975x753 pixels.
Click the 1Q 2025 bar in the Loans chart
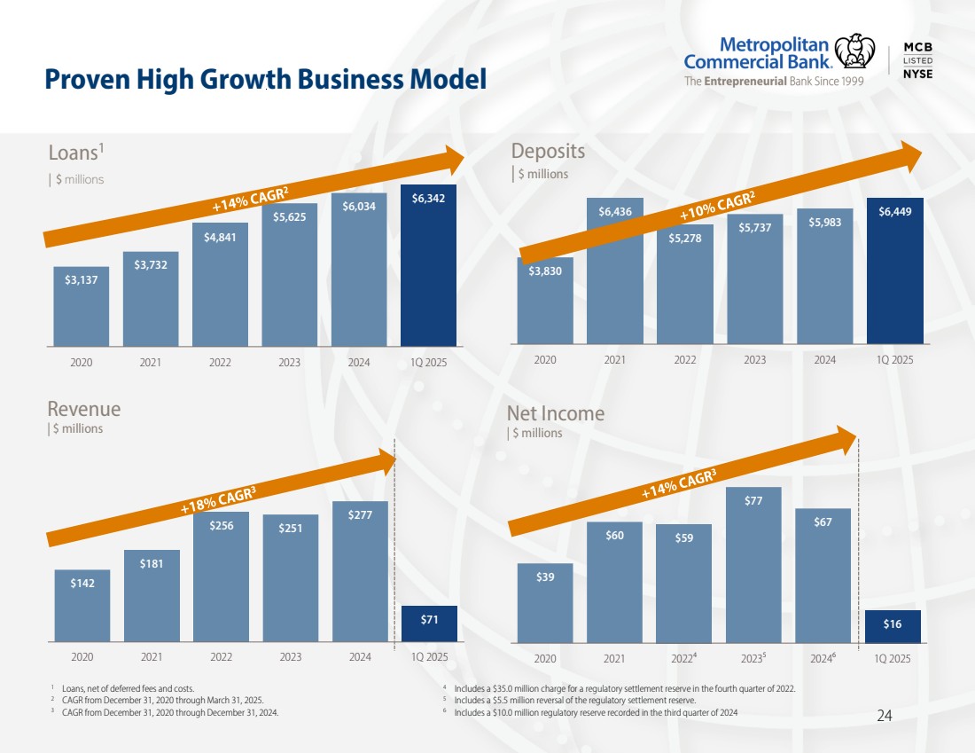click(428, 266)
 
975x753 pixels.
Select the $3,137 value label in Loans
click(82, 279)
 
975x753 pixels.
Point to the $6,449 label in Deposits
click(894, 212)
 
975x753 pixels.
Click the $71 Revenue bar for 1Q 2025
click(428, 623)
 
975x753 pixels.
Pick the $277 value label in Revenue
click(360, 515)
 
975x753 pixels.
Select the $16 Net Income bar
click(893, 626)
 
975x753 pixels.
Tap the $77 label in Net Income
click(753, 501)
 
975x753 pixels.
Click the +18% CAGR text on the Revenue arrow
click(218, 501)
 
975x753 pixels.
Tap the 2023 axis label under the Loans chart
click(290, 362)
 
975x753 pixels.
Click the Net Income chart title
click(555, 413)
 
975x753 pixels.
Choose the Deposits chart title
click(546, 151)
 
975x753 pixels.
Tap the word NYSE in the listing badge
click(917, 74)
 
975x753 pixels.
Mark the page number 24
click(884, 716)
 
